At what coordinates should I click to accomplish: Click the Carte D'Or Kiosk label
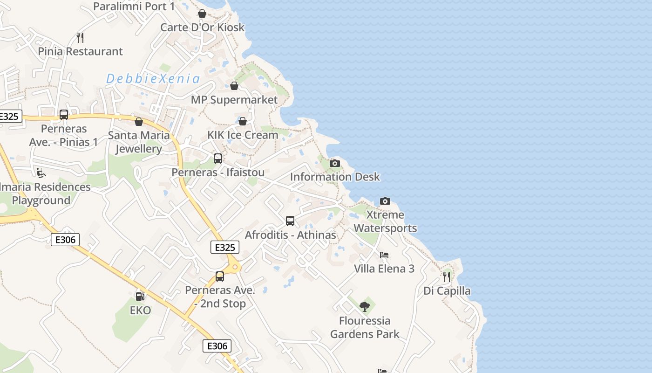pos(202,27)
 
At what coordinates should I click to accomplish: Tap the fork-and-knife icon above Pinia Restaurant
pos(80,37)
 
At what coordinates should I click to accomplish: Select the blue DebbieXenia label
pos(153,79)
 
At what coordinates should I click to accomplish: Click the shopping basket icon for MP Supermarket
pos(234,86)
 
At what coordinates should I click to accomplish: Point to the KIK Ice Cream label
pos(243,135)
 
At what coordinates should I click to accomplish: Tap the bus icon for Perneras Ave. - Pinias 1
pos(64,115)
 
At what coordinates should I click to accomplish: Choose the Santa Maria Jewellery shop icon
pos(138,122)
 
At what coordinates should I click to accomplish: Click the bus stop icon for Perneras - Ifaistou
pos(218,159)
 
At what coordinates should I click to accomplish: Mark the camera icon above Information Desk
pos(334,163)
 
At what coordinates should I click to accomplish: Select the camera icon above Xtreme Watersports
pos(385,201)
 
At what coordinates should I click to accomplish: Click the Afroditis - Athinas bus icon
pos(290,221)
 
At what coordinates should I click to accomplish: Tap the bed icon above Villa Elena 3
pos(384,255)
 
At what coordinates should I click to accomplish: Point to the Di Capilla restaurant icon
pos(447,277)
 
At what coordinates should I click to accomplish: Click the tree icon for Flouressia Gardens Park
pos(365,306)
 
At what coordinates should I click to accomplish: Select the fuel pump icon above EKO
pos(140,296)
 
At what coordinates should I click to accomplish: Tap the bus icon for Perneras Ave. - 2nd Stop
pos(220,276)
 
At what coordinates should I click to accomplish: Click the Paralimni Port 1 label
pos(134,7)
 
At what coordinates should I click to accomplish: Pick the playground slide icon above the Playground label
pos(41,173)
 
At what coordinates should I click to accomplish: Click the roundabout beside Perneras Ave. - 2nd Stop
pos(235,267)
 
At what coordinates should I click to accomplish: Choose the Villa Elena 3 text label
pos(384,269)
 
